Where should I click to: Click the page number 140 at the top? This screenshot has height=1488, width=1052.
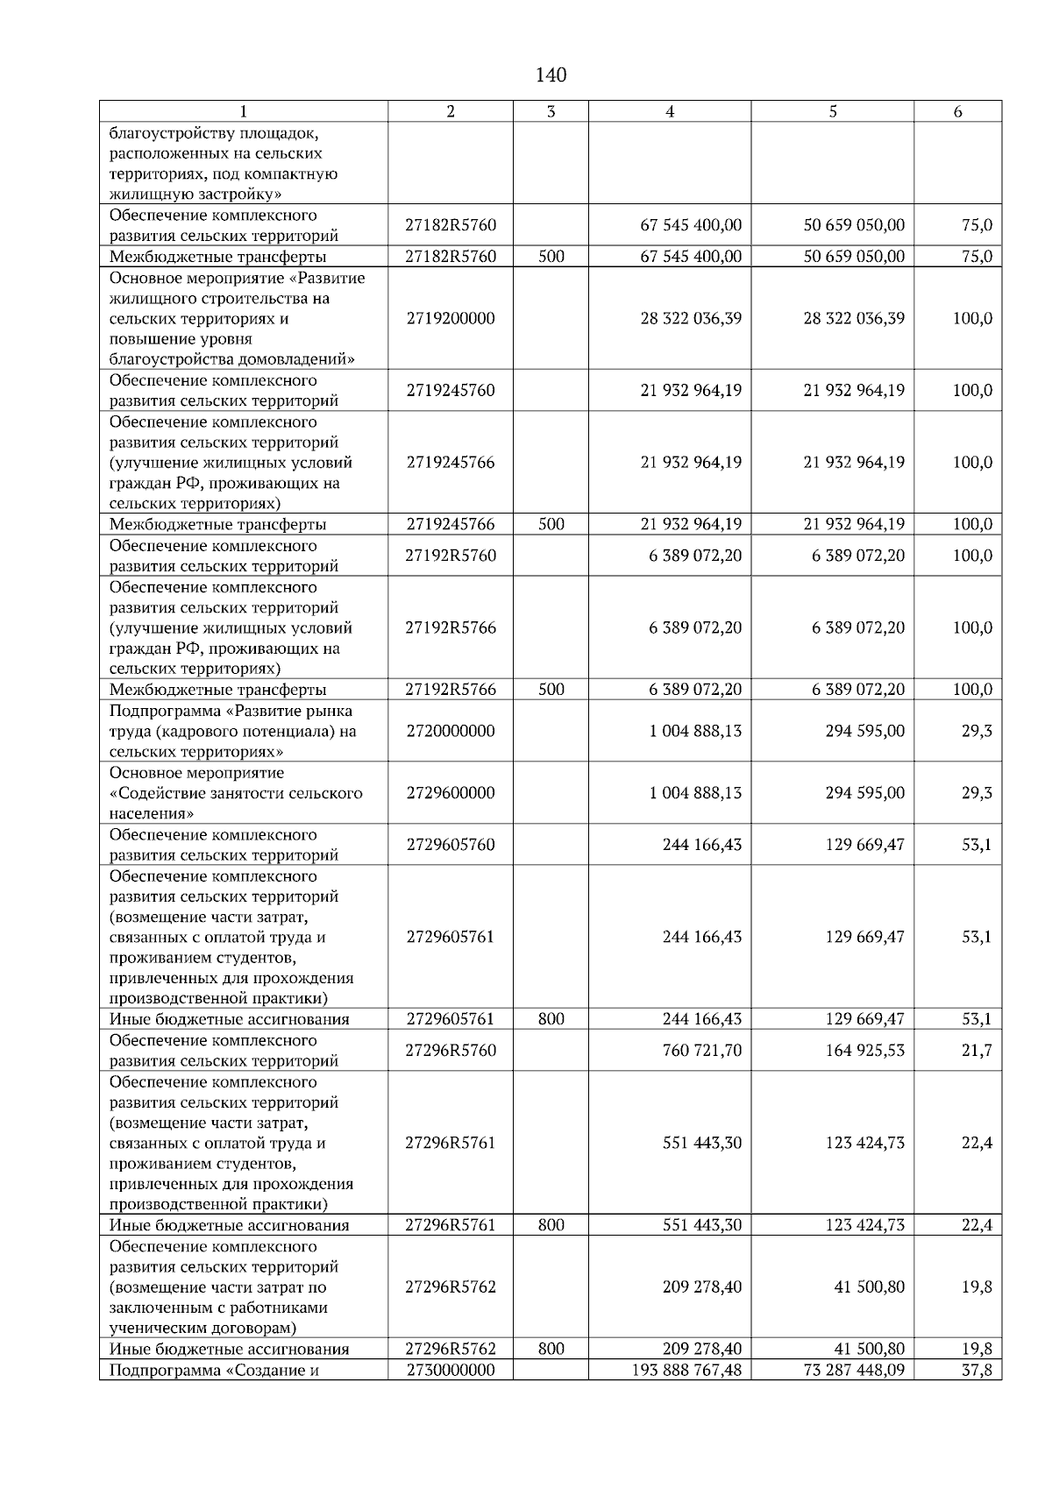tap(551, 75)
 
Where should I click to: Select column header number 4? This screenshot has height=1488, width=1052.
tap(670, 111)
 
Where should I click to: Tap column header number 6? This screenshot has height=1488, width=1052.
tap(957, 111)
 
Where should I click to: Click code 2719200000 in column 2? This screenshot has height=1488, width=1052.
tap(451, 318)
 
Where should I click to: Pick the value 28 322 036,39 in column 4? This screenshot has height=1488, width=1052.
tap(691, 318)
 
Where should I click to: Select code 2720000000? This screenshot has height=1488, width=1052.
tap(451, 731)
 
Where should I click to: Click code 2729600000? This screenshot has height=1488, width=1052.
tap(451, 793)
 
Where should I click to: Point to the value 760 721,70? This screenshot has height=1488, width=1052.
tap(701, 1051)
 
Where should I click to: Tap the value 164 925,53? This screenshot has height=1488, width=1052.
tap(864, 1051)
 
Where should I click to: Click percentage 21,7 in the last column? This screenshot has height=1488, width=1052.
tap(977, 1051)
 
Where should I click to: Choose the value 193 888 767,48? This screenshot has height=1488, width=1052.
tap(686, 1370)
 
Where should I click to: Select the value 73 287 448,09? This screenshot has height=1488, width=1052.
tap(854, 1370)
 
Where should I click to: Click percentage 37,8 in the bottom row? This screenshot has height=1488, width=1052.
tap(977, 1370)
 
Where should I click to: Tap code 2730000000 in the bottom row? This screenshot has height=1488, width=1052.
tap(451, 1370)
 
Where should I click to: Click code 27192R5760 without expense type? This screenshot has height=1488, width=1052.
tap(451, 556)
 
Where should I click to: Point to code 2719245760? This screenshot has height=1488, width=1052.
tap(451, 390)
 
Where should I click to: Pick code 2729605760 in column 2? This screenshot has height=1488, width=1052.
tap(451, 845)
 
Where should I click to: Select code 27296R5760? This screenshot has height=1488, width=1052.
tap(451, 1051)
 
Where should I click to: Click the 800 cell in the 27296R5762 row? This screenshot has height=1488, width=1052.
tap(551, 1350)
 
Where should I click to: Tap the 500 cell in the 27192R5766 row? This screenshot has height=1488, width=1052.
tap(551, 690)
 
